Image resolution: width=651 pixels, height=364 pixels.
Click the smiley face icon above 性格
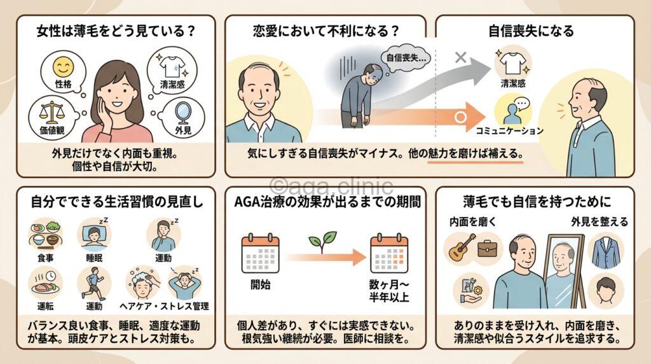click(61, 67)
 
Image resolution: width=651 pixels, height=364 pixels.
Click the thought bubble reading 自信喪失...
click(407, 58)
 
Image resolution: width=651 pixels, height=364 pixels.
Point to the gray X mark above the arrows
click(462, 58)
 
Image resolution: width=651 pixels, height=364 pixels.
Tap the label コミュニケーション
click(510, 131)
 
